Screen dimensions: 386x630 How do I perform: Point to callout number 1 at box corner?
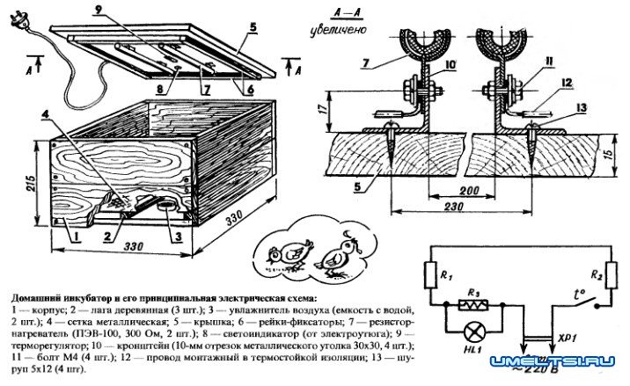click(77, 236)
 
